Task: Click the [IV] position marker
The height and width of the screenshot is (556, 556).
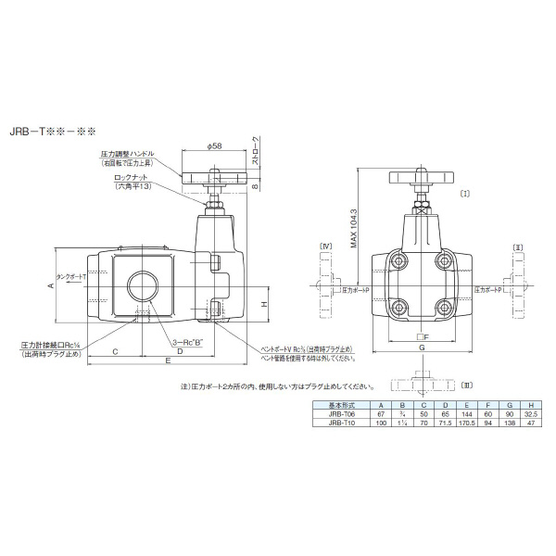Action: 325,246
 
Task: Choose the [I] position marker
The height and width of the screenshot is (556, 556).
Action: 464,193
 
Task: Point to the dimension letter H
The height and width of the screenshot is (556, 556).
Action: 263,304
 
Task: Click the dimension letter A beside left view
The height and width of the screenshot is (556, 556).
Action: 50,288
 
